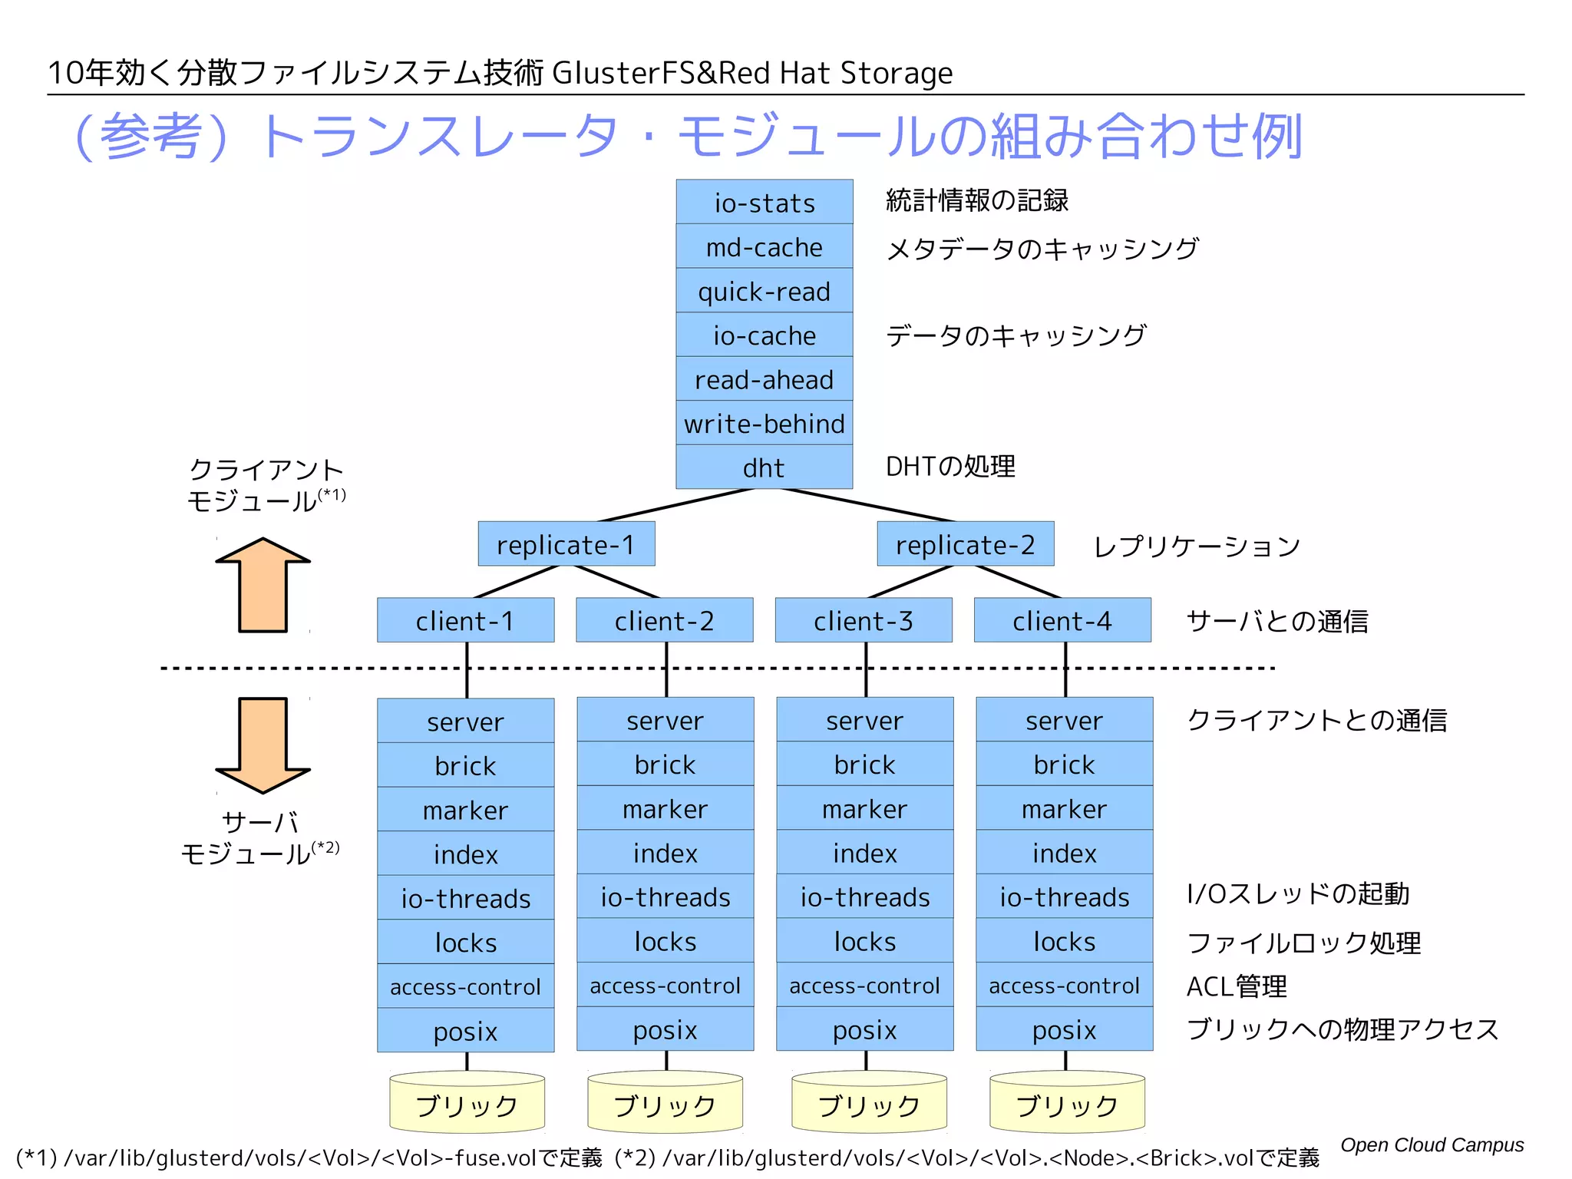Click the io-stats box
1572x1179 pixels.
pyautogui.click(x=764, y=203)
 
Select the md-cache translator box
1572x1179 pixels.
pyautogui.click(x=764, y=246)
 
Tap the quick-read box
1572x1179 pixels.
pyautogui.click(x=764, y=291)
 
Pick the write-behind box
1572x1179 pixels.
pyautogui.click(x=764, y=423)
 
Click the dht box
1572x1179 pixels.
pyautogui.click(x=764, y=467)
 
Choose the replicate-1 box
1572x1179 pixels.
pyautogui.click(x=566, y=544)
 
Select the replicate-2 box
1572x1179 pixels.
pyautogui.click(x=965, y=544)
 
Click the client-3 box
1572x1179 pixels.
pyautogui.click(x=863, y=620)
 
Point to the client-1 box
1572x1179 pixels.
pyautogui.click(x=465, y=620)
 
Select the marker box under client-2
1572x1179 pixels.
pyautogui.click(x=665, y=808)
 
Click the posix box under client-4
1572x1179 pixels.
pyautogui.click(x=1064, y=1029)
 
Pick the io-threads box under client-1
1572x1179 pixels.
pyautogui.click(x=465, y=897)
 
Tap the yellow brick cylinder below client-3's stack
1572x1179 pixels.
pyautogui.click(x=869, y=1104)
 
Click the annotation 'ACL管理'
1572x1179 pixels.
pyautogui.click(x=1236, y=986)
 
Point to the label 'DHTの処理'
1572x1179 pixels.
pyautogui.click(x=949, y=466)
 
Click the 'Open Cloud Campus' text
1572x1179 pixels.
pyautogui.click(x=1432, y=1144)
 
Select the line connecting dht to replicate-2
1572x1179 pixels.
pyautogui.click(x=867, y=504)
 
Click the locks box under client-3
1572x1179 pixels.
pyautogui.click(x=864, y=941)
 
